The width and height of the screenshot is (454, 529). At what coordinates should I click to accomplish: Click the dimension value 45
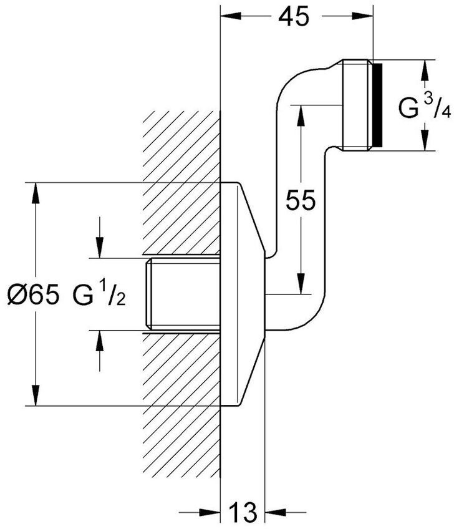point(294,17)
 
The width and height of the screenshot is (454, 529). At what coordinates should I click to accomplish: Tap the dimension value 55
point(301,200)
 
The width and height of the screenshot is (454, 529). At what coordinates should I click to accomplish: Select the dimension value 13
point(243,513)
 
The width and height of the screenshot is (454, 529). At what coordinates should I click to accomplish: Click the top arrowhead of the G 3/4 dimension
point(425,68)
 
